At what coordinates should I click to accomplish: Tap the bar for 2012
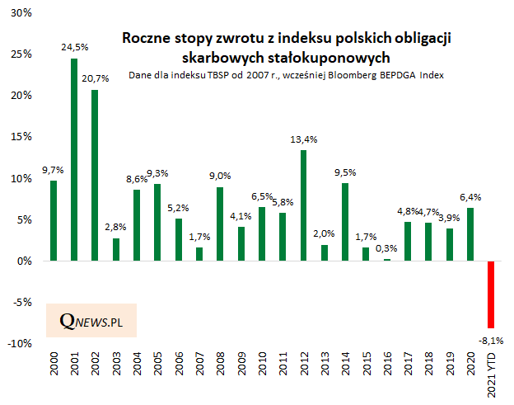304,205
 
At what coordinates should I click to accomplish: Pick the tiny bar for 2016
387,259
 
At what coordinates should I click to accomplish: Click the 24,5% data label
75,49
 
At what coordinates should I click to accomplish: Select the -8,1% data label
491,339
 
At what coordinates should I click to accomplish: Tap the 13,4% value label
304,139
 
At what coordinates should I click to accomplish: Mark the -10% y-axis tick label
21,343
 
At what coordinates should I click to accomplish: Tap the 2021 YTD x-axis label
492,373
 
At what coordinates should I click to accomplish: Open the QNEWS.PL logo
91,319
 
